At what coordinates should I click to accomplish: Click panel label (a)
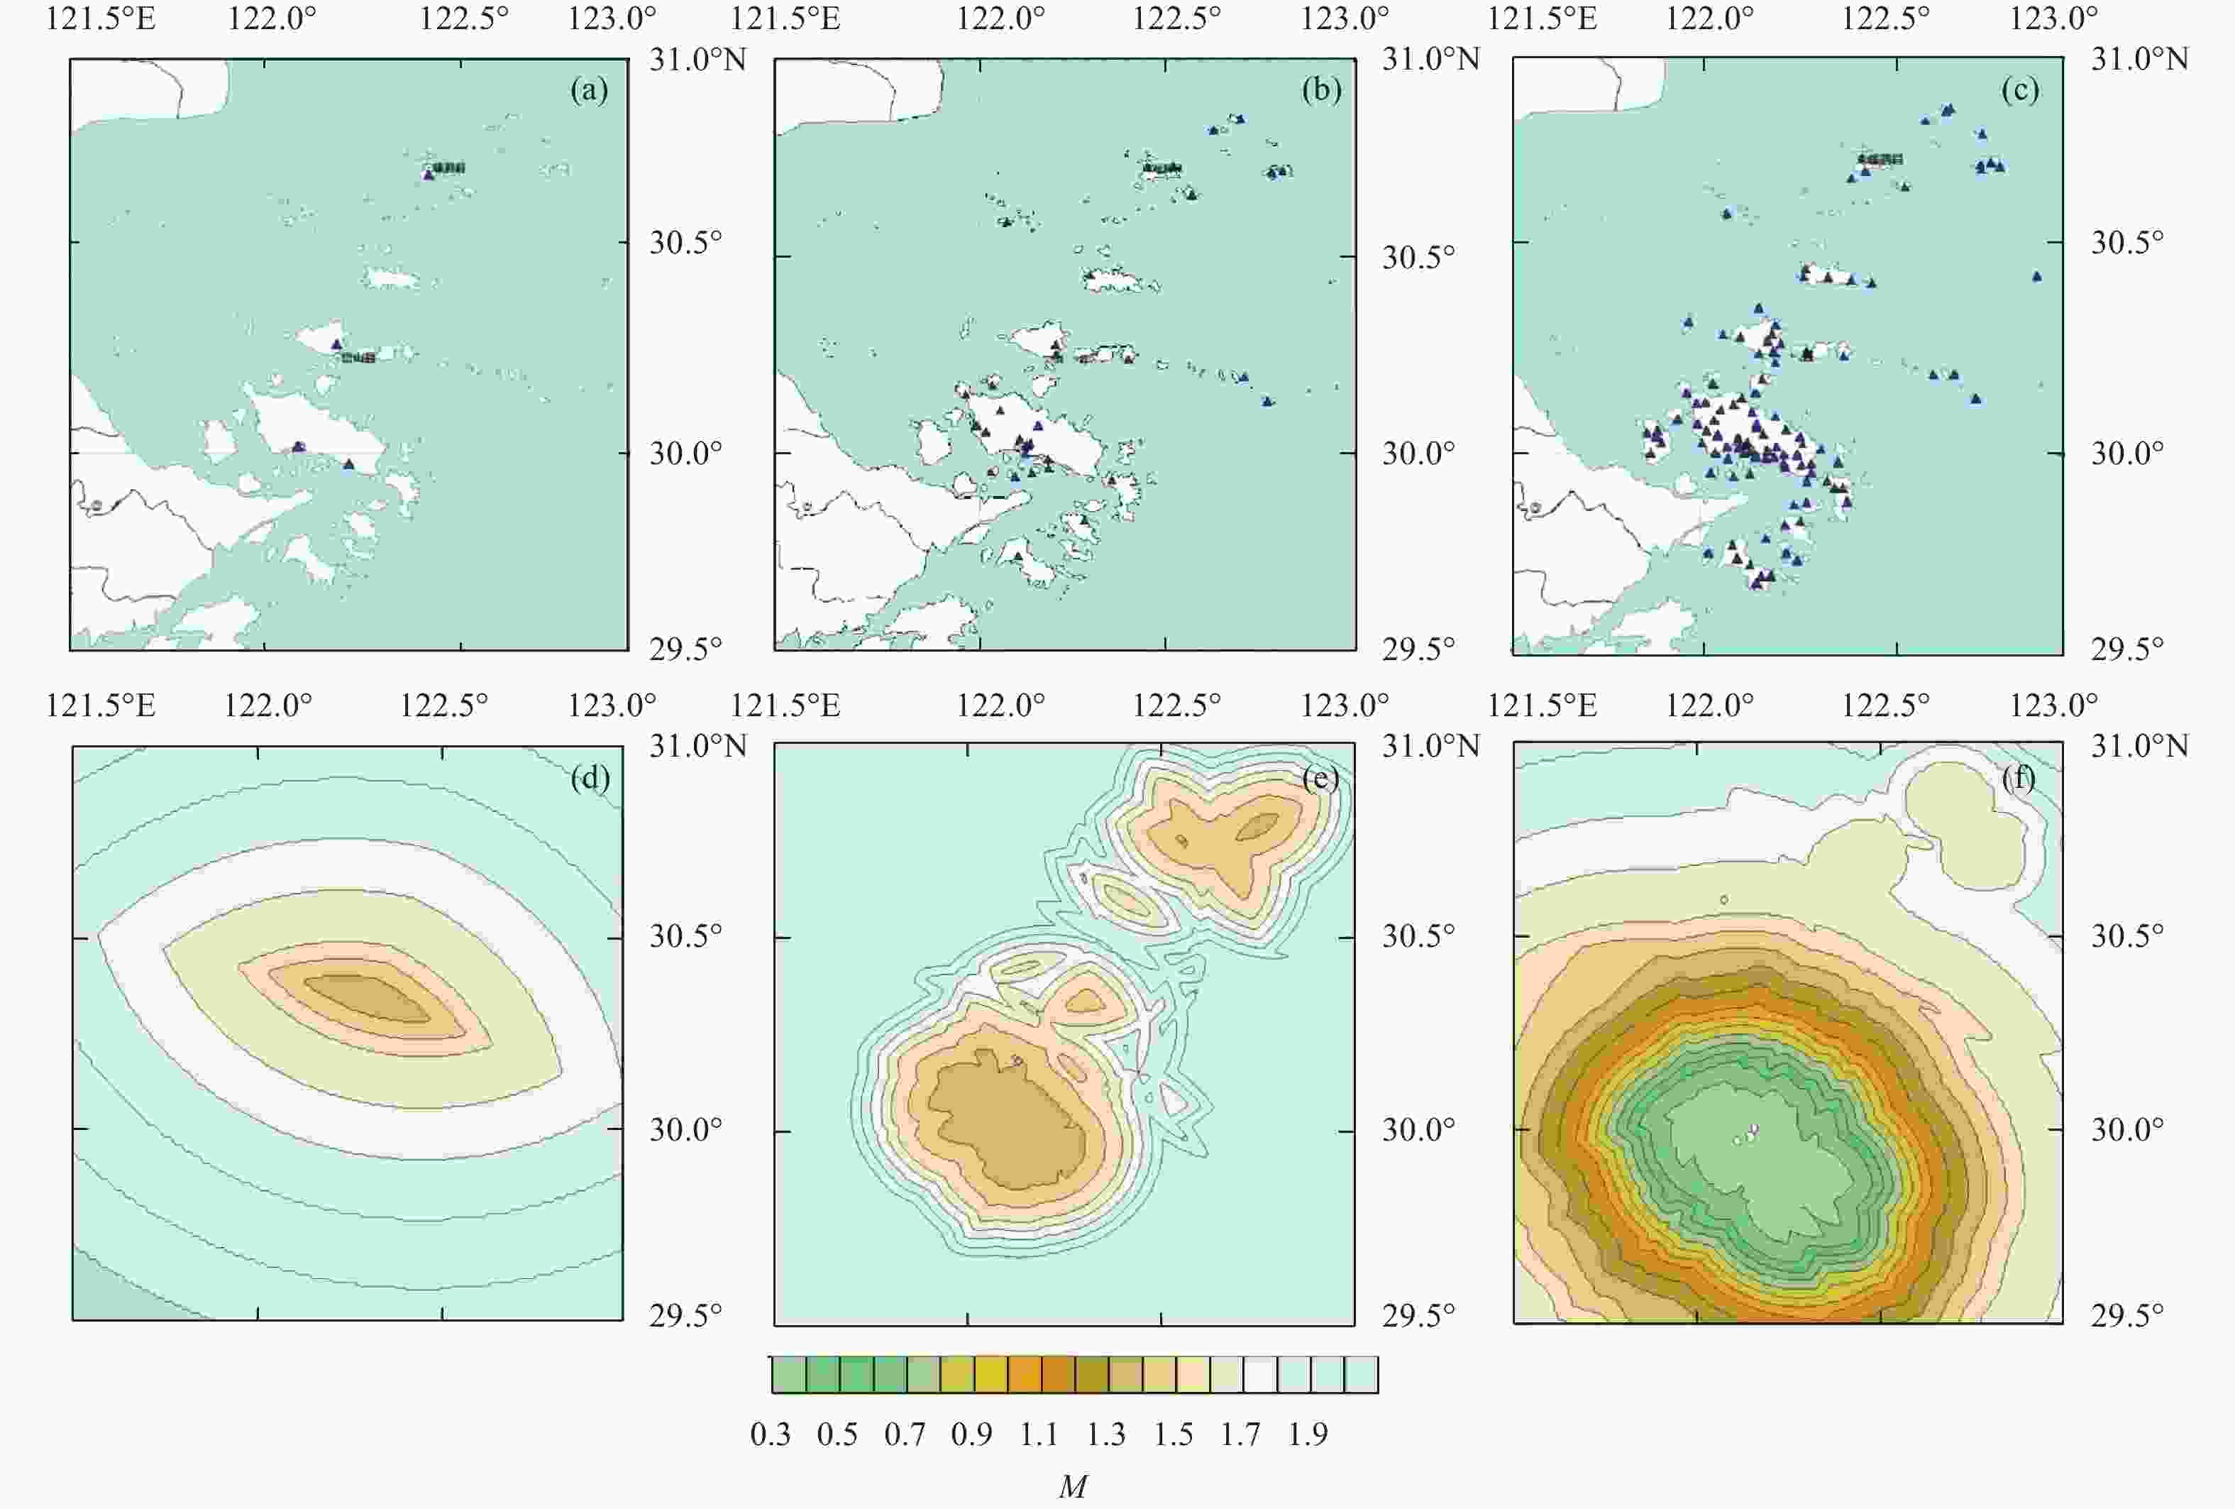coord(589,90)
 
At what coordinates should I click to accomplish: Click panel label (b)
coord(1320,90)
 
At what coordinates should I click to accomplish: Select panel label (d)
coord(590,777)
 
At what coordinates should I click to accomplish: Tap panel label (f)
coord(2019,777)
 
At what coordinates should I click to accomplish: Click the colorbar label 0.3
coord(771,1435)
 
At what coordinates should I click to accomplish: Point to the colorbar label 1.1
coord(1039,1435)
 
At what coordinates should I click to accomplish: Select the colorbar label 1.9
coord(1308,1435)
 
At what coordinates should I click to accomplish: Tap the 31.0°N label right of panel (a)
coord(698,60)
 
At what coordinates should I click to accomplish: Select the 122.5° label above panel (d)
coord(444,706)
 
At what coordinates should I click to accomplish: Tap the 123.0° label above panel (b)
coord(1345,18)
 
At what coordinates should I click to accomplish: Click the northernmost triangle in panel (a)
coord(429,174)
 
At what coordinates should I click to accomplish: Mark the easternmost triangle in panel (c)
coord(2036,276)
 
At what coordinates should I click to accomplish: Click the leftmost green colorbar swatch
coord(788,1374)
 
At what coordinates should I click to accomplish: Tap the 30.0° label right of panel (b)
coord(1418,453)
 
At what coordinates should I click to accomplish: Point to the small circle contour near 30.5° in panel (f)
coord(1724,900)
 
